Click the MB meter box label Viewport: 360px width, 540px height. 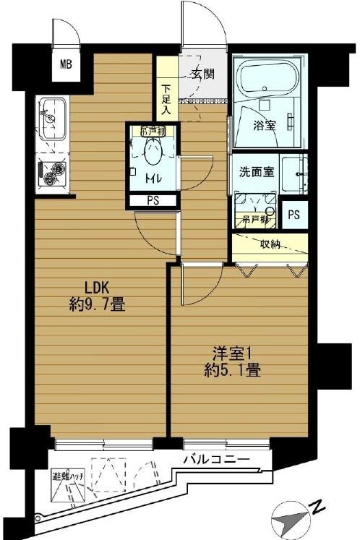click(x=66, y=64)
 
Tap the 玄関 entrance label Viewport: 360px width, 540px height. click(x=203, y=73)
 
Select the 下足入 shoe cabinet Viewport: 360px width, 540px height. click(x=168, y=88)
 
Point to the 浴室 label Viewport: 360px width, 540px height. click(x=265, y=125)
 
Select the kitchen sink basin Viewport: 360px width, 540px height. click(x=53, y=119)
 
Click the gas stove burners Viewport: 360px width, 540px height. click(x=52, y=173)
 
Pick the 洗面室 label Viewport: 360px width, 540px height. click(x=257, y=171)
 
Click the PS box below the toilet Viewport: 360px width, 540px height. click(x=153, y=201)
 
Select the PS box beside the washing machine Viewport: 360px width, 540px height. click(x=294, y=215)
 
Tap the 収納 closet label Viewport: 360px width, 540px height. click(x=270, y=244)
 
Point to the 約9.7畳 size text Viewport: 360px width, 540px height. click(x=97, y=304)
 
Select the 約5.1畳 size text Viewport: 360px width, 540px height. click(x=232, y=371)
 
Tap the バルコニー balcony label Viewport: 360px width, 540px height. click(x=216, y=460)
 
